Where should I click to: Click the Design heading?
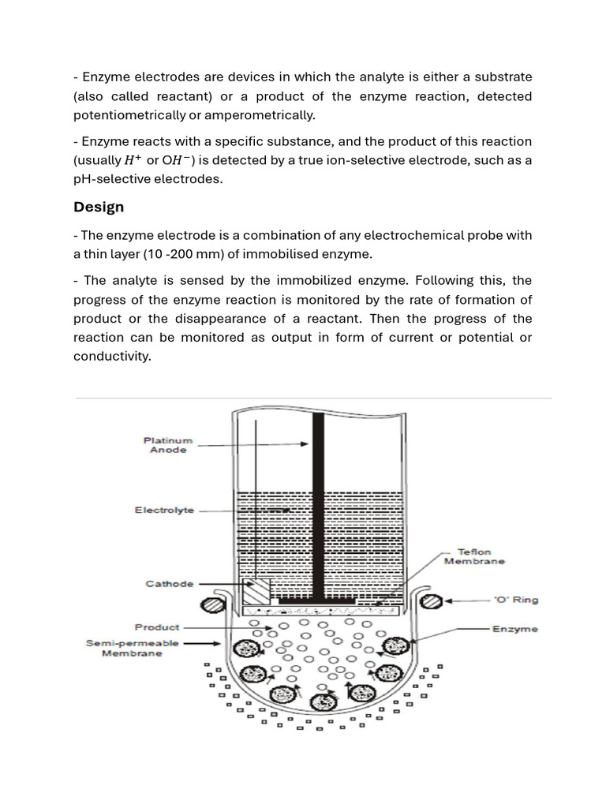(99, 207)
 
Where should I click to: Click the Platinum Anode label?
(167, 444)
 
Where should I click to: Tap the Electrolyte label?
(164, 511)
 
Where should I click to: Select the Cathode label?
(169, 584)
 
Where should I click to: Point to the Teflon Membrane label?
(473, 556)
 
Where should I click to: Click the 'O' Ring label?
(515, 600)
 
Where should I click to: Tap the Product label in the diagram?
(157, 627)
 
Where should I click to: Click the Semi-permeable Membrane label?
(132, 648)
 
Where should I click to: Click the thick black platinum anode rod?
(318, 505)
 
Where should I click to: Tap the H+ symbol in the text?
(134, 160)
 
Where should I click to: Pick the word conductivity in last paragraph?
(111, 356)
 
